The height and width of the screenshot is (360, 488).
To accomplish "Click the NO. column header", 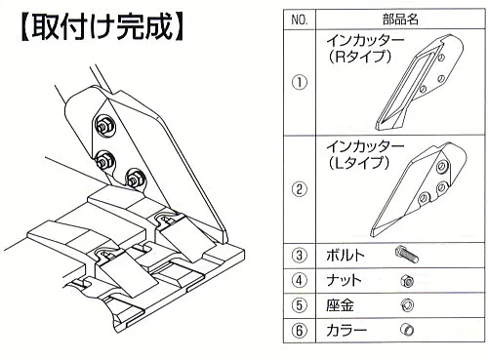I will click(299, 18).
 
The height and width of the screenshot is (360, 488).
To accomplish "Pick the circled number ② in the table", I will click(299, 188).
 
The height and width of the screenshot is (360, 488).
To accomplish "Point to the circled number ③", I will click(299, 256).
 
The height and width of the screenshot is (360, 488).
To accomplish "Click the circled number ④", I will click(299, 281).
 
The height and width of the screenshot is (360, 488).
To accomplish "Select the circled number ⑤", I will click(299, 305).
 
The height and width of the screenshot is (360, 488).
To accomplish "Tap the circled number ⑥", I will click(299, 330).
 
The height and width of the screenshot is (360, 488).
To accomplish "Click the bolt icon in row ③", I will click(407, 255).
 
